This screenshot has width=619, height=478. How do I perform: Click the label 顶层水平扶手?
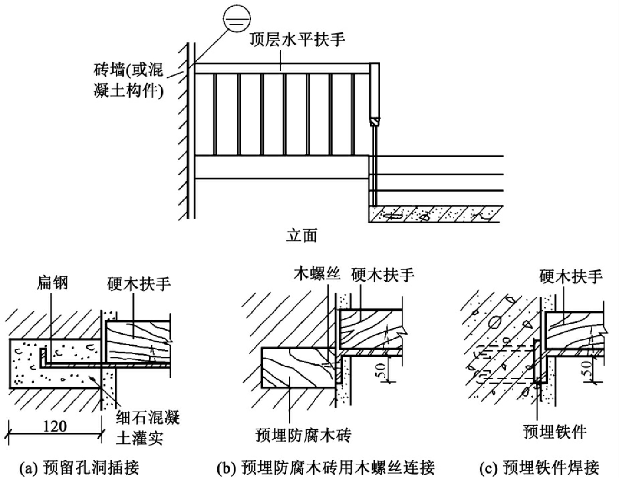click(297, 40)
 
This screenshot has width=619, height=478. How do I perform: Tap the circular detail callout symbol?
click(237, 19)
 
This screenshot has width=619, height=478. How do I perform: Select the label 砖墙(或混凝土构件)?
click(129, 81)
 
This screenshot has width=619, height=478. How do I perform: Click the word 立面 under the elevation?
click(301, 236)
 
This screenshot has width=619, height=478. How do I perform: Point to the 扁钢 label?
click(52, 284)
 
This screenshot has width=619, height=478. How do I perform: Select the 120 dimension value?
click(55, 427)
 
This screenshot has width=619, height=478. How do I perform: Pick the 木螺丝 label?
click(317, 273)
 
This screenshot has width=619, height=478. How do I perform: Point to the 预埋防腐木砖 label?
click(304, 435)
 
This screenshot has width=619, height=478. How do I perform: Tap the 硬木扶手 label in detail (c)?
click(571, 276)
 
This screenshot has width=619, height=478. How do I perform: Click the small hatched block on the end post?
click(375, 122)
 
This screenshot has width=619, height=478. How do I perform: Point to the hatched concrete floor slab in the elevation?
click(436, 214)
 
